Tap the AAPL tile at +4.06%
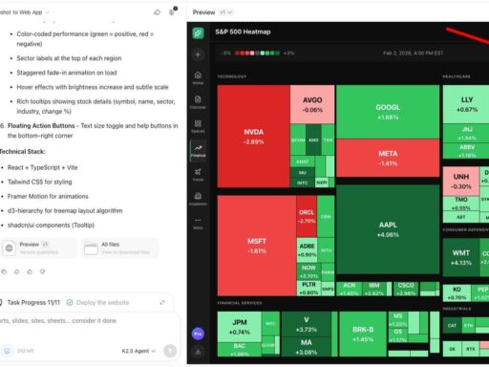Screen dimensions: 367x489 coord(388,228)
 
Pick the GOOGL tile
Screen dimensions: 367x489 coord(388,111)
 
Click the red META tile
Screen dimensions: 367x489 coord(388,158)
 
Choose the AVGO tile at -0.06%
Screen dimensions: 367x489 coord(312,104)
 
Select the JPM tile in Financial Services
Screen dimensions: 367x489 coord(239,327)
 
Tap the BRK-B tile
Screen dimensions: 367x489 coord(363,334)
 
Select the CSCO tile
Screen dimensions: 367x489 coord(405,288)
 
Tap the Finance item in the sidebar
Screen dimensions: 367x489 coord(199,151)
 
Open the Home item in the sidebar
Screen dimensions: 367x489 coord(199,78)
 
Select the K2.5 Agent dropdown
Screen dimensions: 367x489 coord(138,351)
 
